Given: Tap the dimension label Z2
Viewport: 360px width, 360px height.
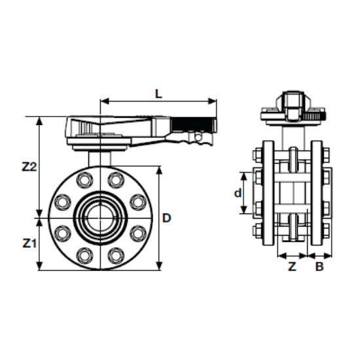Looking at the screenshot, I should pyautogui.click(x=29, y=167).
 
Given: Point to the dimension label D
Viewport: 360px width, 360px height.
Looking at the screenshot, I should pyautogui.click(x=168, y=217).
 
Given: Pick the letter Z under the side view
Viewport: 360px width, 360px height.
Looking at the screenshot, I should pyautogui.click(x=293, y=266).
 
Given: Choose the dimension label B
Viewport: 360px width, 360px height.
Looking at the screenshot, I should pyautogui.click(x=319, y=266).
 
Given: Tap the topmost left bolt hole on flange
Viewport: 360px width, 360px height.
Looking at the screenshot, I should pyautogui.click(x=83, y=179).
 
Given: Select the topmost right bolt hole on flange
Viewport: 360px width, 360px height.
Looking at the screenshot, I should pyautogui.click(x=116, y=179).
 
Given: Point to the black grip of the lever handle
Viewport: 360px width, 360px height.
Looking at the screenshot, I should pyautogui.click(x=194, y=122).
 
